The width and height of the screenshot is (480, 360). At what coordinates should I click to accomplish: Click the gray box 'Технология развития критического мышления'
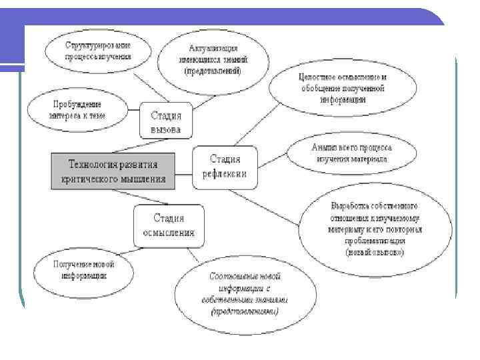pyautogui.click(x=113, y=171)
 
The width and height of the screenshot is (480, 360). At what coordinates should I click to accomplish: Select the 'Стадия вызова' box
pyautogui.click(x=165, y=119)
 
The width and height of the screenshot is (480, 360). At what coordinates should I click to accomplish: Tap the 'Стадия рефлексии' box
pyautogui.click(x=225, y=167)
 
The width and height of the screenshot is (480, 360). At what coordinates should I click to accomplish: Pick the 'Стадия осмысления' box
pyautogui.click(x=169, y=225)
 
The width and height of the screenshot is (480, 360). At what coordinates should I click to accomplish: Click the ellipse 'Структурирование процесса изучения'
pyautogui.click(x=98, y=50)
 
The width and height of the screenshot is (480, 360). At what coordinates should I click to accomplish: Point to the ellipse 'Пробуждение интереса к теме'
pyautogui.click(x=77, y=109)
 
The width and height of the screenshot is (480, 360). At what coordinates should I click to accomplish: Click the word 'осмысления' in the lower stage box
pyautogui.click(x=169, y=233)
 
